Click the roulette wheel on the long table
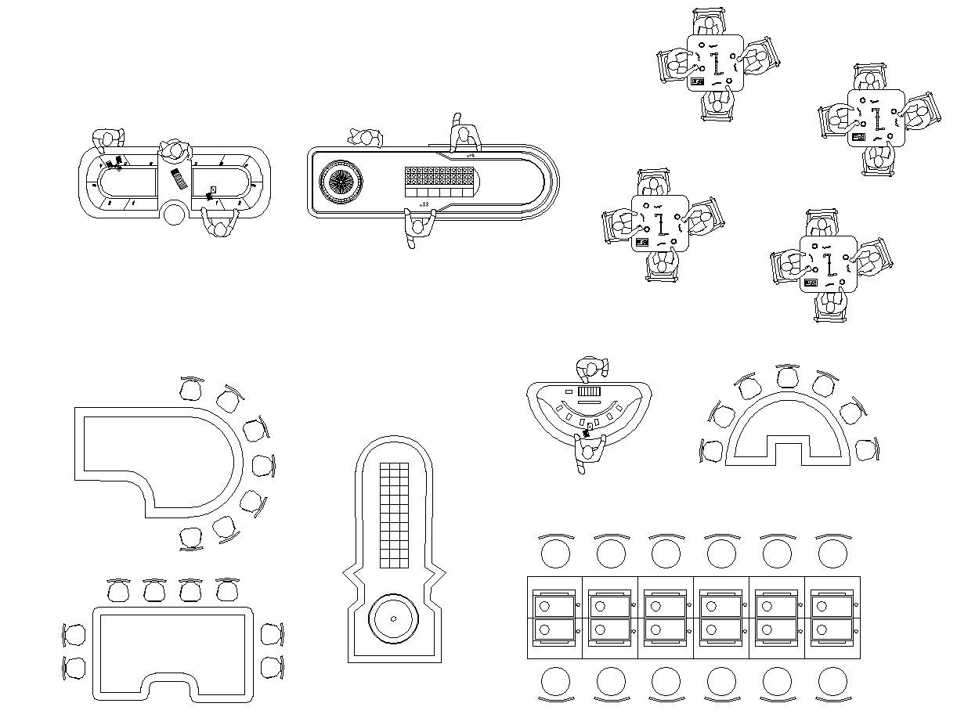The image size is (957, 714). (341, 182)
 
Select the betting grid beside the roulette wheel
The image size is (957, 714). (441, 182)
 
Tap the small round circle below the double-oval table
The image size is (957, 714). (175, 212)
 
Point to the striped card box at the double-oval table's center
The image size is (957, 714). (179, 179)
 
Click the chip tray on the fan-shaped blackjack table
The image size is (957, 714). (588, 391)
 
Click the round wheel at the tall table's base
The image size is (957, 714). (390, 619)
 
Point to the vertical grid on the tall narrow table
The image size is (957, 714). (394, 514)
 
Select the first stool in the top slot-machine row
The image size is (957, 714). (556, 554)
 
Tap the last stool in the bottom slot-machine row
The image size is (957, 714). (832, 682)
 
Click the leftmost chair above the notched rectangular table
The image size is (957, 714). (118, 590)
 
